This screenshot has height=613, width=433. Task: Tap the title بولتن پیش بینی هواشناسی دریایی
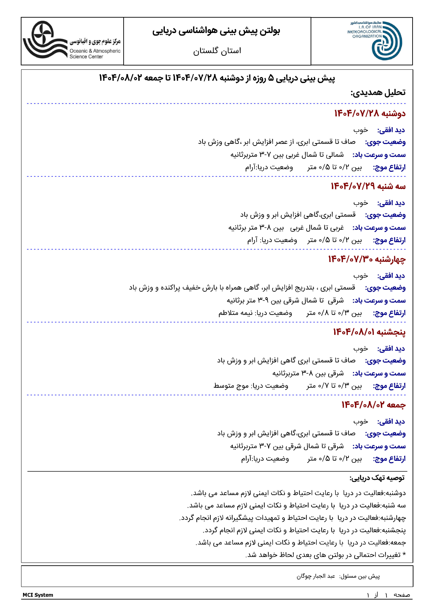216,31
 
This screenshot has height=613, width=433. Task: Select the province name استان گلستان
217,51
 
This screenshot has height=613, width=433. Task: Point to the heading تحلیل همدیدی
378,93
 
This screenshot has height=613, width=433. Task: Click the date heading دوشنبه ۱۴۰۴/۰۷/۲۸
370,114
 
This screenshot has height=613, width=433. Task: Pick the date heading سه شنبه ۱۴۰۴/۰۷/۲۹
368,186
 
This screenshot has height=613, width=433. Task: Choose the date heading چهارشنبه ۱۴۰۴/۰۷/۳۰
366,259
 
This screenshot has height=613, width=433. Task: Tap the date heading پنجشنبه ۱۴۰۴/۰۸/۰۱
369,332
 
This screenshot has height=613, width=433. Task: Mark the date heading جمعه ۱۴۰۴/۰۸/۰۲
373,405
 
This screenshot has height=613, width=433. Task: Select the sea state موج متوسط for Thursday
231,386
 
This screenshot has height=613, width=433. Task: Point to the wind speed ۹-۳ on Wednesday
263,301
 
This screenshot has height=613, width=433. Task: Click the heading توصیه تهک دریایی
377,478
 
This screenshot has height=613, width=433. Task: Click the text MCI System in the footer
38,595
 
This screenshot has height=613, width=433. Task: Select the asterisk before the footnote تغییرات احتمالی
404,555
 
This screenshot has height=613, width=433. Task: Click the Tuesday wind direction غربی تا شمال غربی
317,228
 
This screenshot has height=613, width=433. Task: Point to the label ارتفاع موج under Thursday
389,386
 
